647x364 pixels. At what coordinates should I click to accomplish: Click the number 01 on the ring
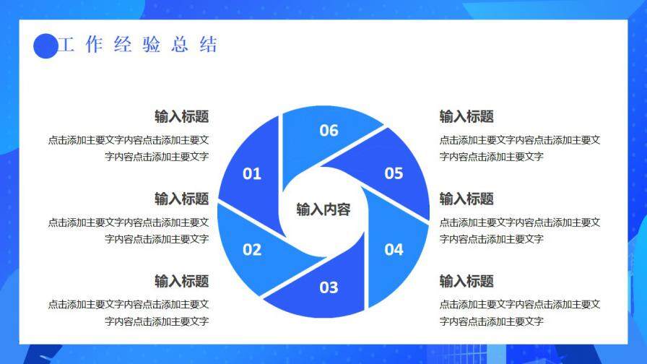[252, 173]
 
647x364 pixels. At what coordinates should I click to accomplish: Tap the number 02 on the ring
[252, 250]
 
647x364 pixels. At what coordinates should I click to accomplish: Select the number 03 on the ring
[329, 287]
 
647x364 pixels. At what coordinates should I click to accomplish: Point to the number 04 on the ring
[394, 250]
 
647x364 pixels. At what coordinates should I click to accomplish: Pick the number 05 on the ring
[394, 173]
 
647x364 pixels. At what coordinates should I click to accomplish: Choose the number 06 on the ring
[329, 130]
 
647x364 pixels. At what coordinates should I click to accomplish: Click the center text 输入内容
[323, 209]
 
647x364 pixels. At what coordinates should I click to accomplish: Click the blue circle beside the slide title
[45, 46]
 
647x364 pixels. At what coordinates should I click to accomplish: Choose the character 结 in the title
[209, 45]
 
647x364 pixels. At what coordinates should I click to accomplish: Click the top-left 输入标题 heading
[181, 116]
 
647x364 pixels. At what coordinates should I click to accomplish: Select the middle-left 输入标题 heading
[181, 199]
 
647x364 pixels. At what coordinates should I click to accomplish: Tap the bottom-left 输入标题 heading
[181, 281]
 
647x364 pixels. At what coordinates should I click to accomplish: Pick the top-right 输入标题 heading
[466, 116]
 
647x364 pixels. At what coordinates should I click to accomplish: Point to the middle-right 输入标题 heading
[466, 199]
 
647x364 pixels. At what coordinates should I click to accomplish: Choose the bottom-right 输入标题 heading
[466, 281]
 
